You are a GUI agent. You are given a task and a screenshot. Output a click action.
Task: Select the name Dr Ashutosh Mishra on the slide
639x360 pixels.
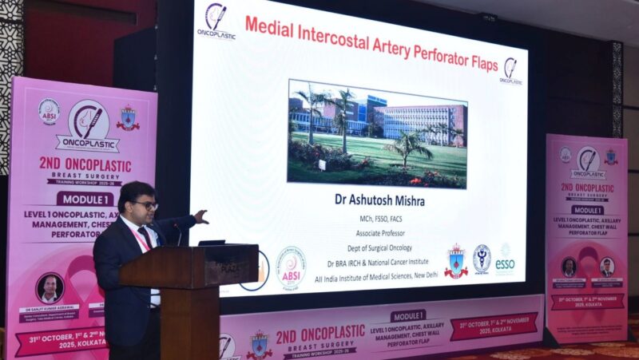click(x=379, y=200)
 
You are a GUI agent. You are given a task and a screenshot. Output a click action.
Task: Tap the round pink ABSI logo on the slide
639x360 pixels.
click(x=291, y=267)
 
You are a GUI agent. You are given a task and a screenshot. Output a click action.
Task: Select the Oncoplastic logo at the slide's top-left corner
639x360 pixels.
click(x=216, y=21)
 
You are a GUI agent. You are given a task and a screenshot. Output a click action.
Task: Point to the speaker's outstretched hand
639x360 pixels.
click(x=201, y=216)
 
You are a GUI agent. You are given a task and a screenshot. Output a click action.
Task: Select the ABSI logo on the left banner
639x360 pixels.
click(x=50, y=111)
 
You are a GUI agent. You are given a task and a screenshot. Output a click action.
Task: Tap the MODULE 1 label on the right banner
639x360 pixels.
click(x=587, y=209)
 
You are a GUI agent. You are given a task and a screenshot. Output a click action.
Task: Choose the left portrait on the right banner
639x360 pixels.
click(x=568, y=267)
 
